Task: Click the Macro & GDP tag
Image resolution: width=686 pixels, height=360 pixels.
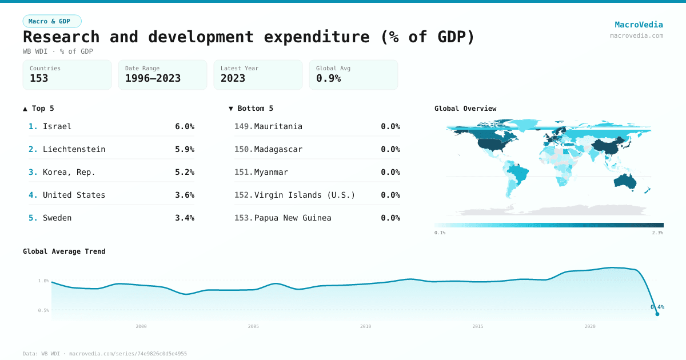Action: click(x=52, y=21)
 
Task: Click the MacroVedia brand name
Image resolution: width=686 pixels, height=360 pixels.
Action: click(x=639, y=25)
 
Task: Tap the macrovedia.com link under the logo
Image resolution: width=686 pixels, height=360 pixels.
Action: click(x=636, y=35)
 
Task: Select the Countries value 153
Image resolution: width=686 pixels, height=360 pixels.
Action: click(x=39, y=78)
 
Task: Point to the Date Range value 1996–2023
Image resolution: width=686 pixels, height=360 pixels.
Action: click(x=153, y=78)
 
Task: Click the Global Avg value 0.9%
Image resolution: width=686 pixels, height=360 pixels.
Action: click(x=328, y=78)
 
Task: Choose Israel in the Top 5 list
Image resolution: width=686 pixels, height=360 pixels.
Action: click(x=57, y=126)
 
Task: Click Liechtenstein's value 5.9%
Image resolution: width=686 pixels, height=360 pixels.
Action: click(x=184, y=149)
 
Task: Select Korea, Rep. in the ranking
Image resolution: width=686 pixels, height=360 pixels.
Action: click(x=69, y=172)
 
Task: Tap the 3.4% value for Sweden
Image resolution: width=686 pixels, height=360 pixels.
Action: click(x=184, y=218)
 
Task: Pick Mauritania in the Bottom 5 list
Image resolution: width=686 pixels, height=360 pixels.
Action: click(x=278, y=126)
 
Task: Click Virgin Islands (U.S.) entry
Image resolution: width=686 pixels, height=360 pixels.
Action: click(x=304, y=195)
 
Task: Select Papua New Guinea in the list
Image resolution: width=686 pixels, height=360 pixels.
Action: click(x=292, y=218)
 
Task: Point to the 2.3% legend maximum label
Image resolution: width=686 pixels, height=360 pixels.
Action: click(x=657, y=233)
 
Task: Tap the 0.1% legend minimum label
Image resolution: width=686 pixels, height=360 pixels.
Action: click(x=440, y=233)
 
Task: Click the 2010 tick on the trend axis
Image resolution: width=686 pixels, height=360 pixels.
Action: click(x=365, y=326)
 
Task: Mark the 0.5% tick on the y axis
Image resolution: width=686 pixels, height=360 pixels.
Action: click(x=43, y=310)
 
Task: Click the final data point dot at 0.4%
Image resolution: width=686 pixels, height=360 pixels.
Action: click(x=657, y=314)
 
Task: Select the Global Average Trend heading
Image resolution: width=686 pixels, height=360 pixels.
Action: click(x=64, y=251)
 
